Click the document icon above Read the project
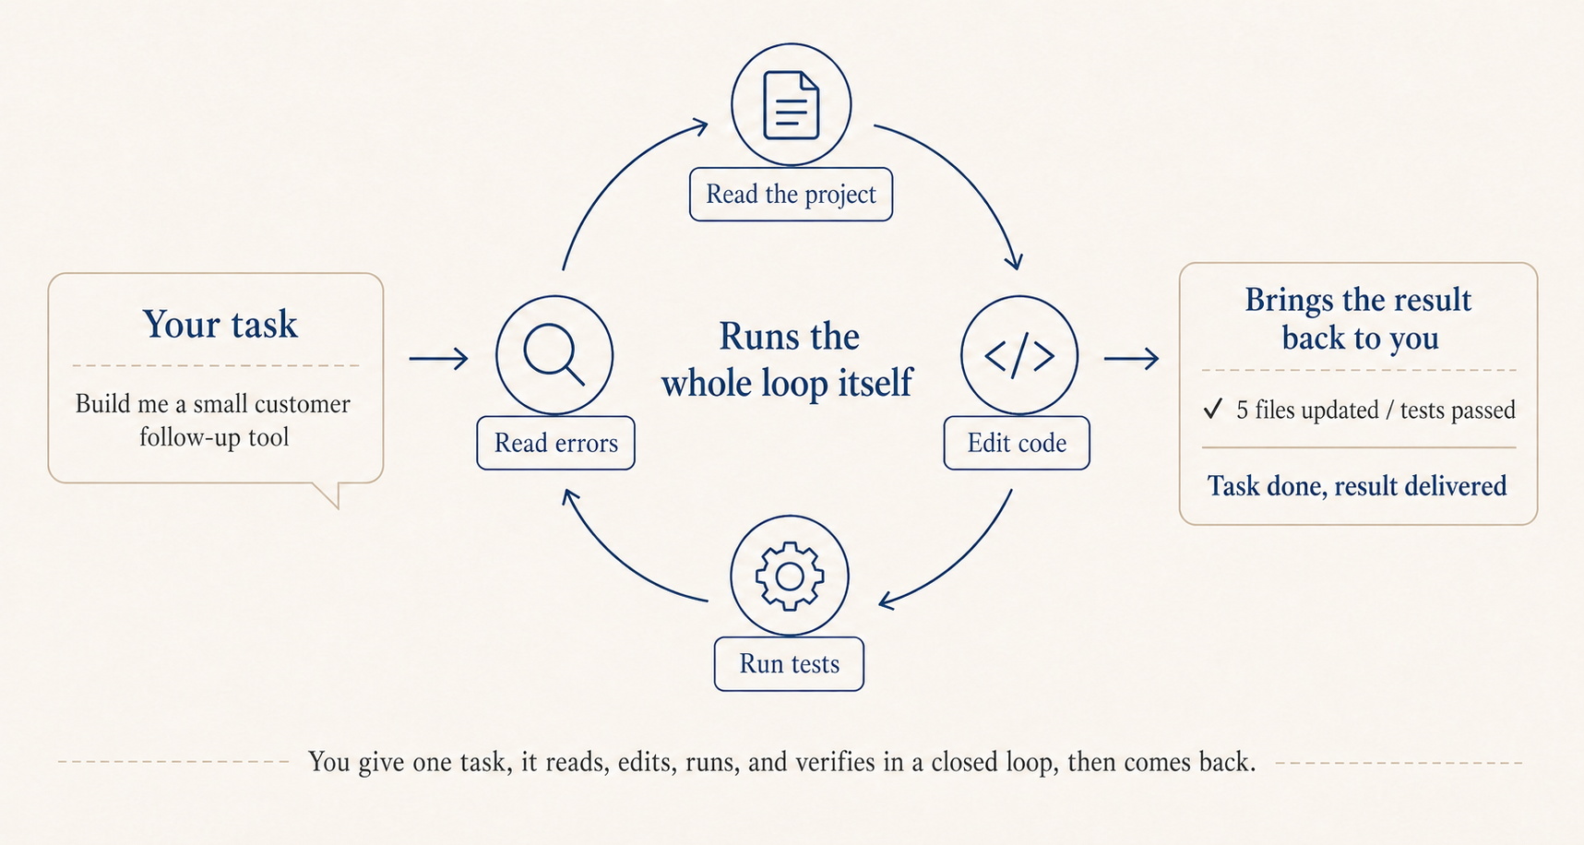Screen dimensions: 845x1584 791,104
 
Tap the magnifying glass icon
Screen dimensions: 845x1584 554,355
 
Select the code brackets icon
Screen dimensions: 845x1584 1019,355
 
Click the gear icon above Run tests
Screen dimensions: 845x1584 790,576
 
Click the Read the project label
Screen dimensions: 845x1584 791,195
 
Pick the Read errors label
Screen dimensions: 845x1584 555,444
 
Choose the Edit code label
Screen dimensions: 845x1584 1017,444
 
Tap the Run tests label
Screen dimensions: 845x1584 789,664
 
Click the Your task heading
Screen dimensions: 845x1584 220,325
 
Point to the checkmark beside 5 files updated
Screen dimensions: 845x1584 1212,409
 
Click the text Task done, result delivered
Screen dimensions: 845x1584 1357,486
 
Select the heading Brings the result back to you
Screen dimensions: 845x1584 1358,319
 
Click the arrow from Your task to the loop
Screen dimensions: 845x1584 438,358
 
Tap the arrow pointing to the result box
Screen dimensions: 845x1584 1131,358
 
